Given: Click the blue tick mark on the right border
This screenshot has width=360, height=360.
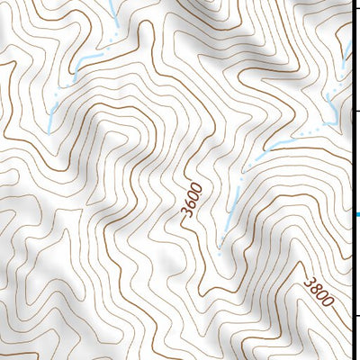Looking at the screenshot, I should pos(356,214).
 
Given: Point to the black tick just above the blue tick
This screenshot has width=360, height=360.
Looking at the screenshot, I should pos(356,110).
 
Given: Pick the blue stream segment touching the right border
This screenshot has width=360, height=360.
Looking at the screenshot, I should pos(347,45).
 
